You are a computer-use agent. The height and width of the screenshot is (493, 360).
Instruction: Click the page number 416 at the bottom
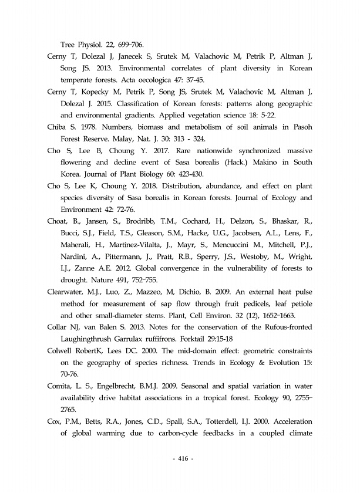[x=180, y=458]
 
